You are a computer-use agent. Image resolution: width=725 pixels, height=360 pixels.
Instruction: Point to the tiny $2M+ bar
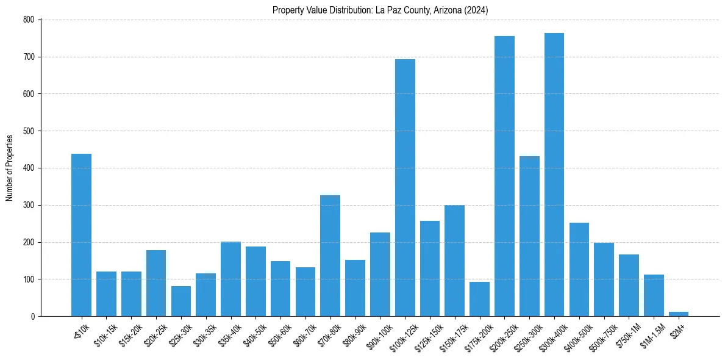pos(679,314)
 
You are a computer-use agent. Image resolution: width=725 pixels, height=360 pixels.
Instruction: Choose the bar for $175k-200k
pos(479,299)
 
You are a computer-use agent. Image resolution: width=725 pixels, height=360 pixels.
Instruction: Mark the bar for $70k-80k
pos(330,256)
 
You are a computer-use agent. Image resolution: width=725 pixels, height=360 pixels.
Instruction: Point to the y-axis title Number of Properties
pos(10,168)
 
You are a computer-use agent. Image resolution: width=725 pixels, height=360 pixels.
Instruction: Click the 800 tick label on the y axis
pos(29,20)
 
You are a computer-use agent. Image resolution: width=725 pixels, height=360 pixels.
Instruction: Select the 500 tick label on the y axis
pos(29,131)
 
